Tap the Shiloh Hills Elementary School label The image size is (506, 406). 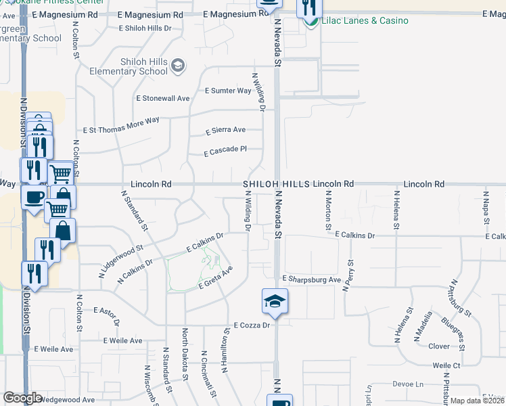pyautogui.click(x=143, y=66)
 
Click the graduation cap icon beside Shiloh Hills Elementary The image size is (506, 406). pyautogui.click(x=178, y=65)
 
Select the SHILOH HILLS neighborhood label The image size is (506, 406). pyautogui.click(x=277, y=184)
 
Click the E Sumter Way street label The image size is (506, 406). pyautogui.click(x=229, y=91)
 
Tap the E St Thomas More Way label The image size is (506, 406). pyautogui.click(x=121, y=125)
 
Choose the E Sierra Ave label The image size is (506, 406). pyautogui.click(x=225, y=130)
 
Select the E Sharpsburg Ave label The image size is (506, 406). pyautogui.click(x=312, y=279)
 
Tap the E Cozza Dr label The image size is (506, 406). pyautogui.click(x=252, y=325)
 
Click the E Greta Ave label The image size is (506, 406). pyautogui.click(x=215, y=278)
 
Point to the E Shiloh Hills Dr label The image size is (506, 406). pyautogui.click(x=145, y=28)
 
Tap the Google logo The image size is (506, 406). pyautogui.click(x=22, y=398)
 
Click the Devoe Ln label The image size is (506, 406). pyautogui.click(x=407, y=384)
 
